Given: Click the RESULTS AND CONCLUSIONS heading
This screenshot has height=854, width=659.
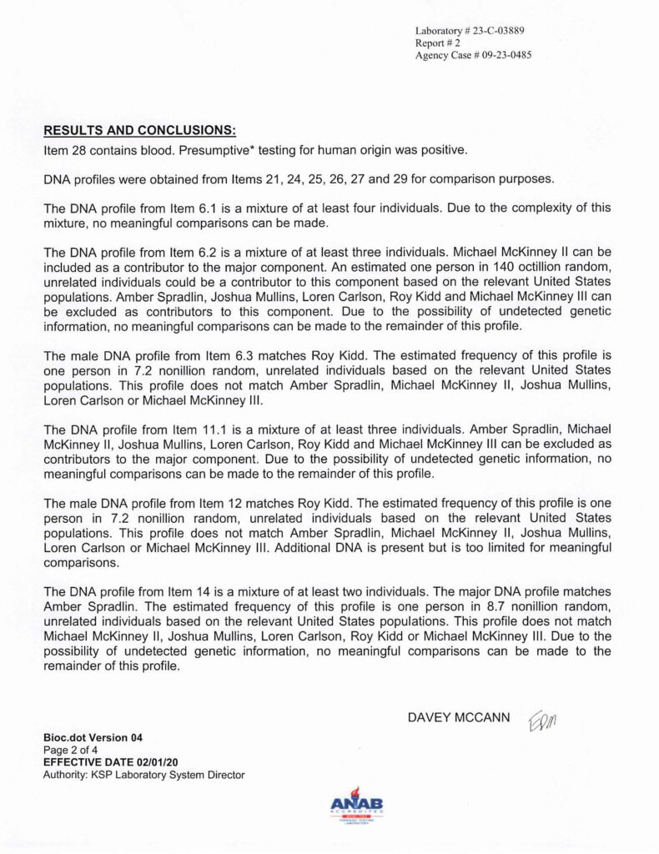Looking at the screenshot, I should click(139, 131).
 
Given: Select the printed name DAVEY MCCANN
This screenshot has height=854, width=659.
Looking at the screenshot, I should click(458, 718).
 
